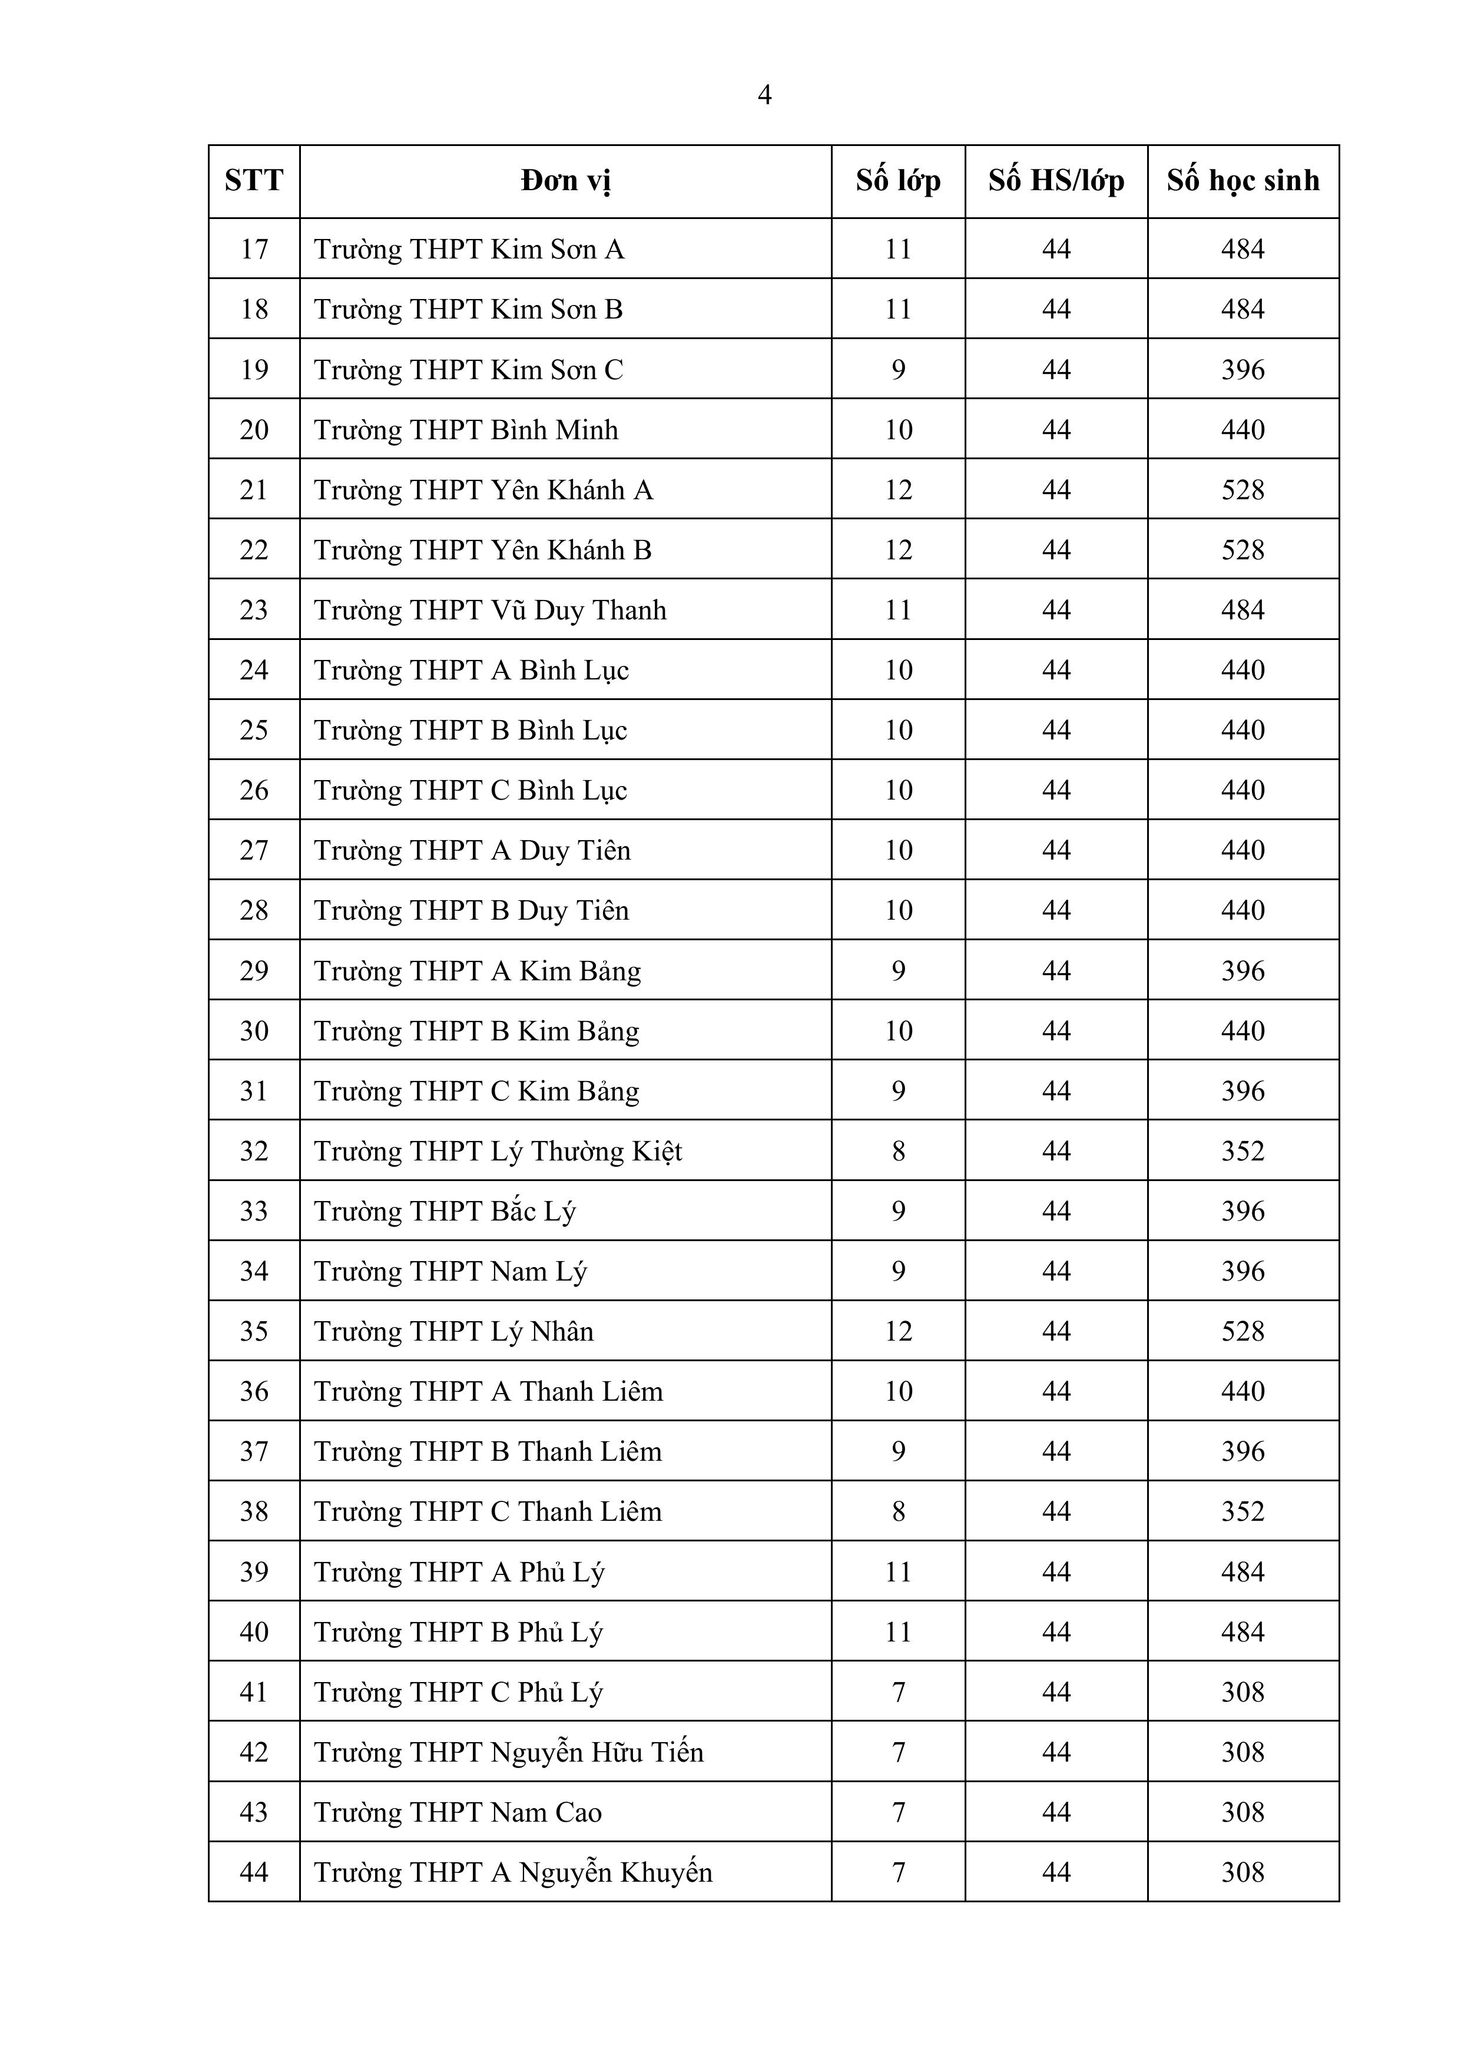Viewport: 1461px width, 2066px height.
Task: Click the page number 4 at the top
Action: coord(764,95)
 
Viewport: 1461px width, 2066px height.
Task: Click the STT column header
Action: coord(254,181)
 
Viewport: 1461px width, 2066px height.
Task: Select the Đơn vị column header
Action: coord(565,181)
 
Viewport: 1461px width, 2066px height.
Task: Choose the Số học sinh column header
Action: coord(1243,181)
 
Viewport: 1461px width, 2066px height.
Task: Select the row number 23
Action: coord(254,610)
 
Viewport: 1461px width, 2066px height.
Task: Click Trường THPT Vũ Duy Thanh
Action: coord(490,610)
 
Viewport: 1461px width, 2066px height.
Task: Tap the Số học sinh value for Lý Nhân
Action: coord(1243,1331)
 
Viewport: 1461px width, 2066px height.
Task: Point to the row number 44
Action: coord(254,1872)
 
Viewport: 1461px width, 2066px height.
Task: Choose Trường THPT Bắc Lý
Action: coord(445,1211)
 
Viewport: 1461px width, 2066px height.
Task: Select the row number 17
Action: coord(254,249)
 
